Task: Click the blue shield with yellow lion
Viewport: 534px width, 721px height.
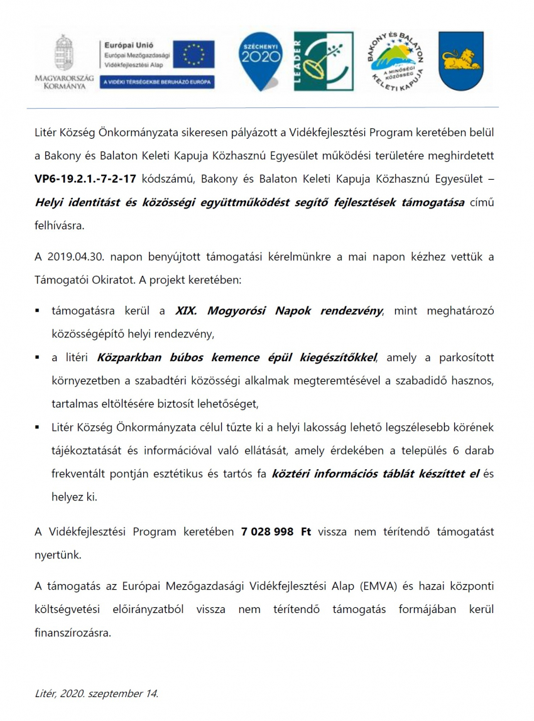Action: [459, 61]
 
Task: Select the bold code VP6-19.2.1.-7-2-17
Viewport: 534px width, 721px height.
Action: [85, 179]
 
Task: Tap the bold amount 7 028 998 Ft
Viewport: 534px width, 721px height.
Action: [276, 531]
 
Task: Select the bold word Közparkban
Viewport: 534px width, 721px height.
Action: [129, 357]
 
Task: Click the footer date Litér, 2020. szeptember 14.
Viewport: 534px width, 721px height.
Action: [97, 693]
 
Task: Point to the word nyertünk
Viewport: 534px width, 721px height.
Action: [58, 555]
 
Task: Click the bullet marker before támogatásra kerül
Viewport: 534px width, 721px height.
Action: [38, 311]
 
